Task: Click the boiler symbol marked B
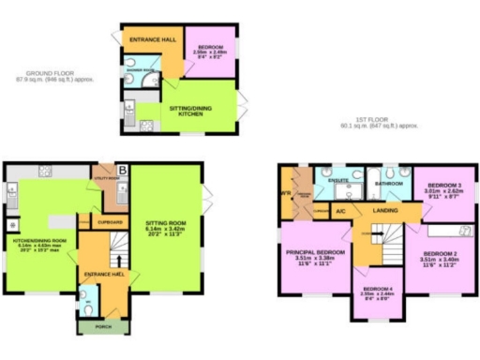(123, 171)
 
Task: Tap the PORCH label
(92, 327)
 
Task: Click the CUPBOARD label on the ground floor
(111, 222)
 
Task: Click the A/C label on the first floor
(340, 210)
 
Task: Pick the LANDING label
(385, 211)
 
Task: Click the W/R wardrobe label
(287, 193)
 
